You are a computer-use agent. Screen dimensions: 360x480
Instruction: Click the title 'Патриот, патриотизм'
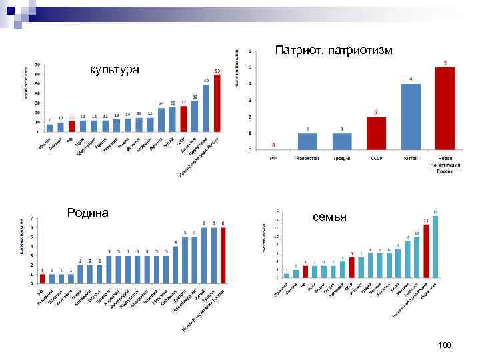pos(334,51)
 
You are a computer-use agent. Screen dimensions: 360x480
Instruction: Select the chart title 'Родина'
pos(88,213)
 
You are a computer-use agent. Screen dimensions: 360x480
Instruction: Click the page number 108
pos(445,345)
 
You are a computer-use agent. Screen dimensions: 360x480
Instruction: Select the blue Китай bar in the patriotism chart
pos(411,117)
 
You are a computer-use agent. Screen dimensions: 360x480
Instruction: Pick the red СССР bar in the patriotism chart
pos(376,133)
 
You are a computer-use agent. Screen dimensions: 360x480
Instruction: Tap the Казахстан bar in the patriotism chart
pos(307,141)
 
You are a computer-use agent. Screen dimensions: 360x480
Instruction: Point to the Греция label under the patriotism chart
pos(342,159)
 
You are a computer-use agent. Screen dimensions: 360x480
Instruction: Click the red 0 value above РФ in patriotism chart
pos(273,145)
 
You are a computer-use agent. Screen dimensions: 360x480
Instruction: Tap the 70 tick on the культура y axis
pos(37,65)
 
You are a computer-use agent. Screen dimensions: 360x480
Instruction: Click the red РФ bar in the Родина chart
pos(43,279)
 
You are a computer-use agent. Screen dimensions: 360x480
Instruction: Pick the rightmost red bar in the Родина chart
pos(223,256)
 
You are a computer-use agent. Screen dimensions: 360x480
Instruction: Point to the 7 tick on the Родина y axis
pos(33,218)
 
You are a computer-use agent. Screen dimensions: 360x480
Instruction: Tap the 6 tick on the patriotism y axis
pos(249,51)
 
